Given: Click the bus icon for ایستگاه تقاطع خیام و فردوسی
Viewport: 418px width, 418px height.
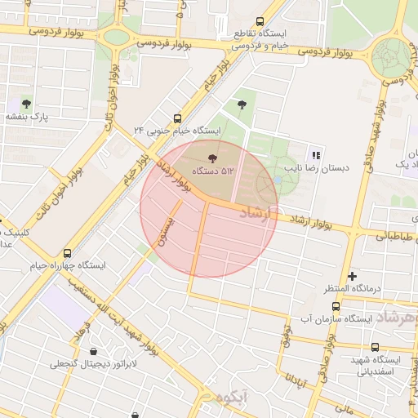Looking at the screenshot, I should click(260, 22).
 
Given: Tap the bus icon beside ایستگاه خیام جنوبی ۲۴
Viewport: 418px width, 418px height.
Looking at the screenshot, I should click(178, 118).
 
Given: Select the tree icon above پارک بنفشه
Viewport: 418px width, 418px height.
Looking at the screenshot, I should click(27, 104).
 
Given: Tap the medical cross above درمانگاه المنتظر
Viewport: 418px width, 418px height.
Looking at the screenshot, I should click(352, 276).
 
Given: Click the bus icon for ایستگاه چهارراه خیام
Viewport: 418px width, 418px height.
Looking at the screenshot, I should click(67, 253).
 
